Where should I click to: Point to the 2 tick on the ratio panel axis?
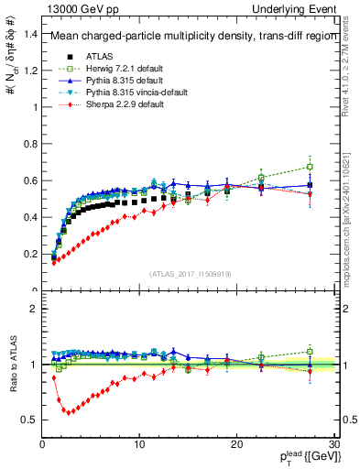pyautogui.click(x=33, y=309)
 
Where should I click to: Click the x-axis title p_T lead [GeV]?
pyautogui.click(x=303, y=457)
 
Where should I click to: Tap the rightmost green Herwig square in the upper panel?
pyautogui.click(x=310, y=167)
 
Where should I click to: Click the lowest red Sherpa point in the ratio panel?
pyautogui.click(x=66, y=411)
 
